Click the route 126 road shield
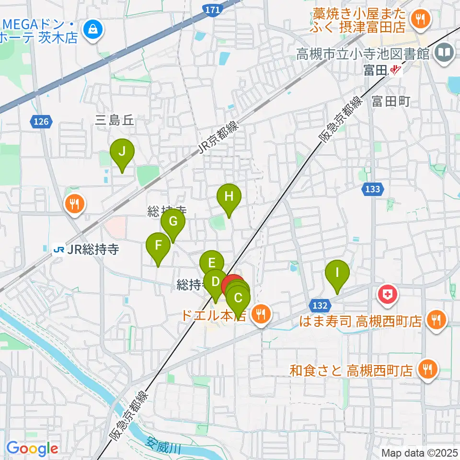(41, 122)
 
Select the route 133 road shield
(372, 189)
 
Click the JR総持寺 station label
(86, 249)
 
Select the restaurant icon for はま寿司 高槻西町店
(436, 320)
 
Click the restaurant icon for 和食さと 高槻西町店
(425, 369)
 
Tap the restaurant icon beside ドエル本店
(261, 315)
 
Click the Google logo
(32, 449)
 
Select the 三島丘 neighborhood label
(115, 121)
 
